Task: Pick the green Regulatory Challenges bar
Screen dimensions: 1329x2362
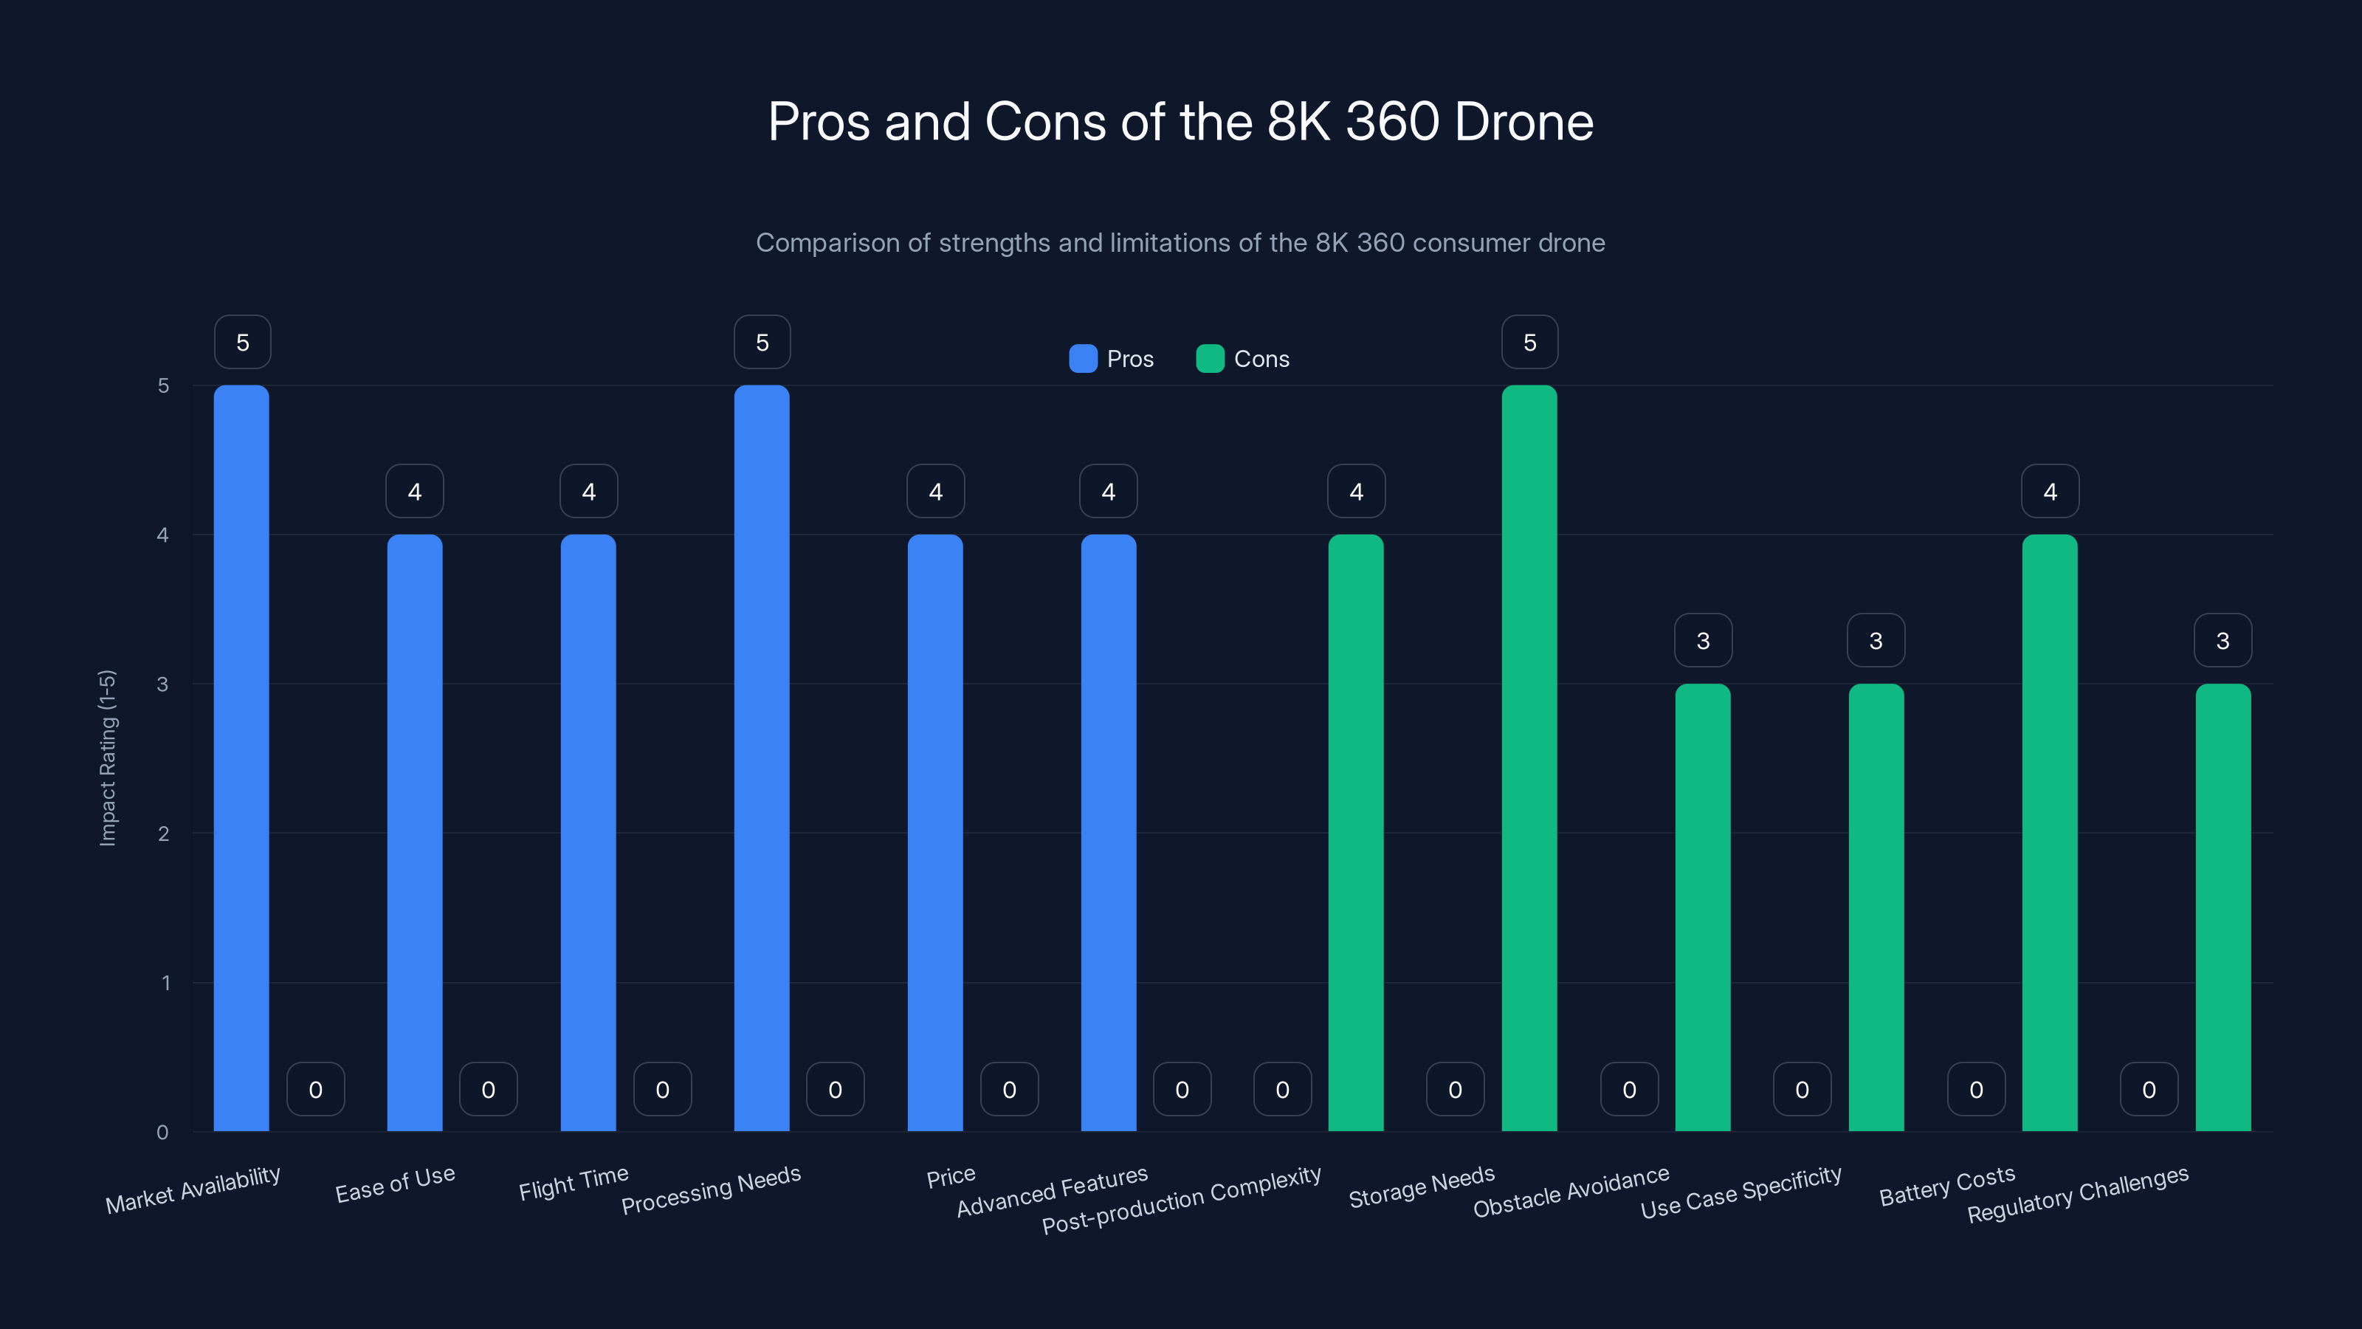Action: point(2222,907)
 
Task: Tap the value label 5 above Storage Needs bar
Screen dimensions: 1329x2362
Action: point(1529,342)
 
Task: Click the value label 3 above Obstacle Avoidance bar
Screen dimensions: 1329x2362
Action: point(1703,640)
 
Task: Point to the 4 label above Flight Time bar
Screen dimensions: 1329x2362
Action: point(589,492)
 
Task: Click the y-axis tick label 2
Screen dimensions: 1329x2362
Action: point(163,834)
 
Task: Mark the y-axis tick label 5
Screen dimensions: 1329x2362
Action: point(163,385)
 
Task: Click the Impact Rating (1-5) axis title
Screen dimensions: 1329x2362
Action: point(107,758)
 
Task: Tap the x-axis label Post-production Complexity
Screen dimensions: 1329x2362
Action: point(1181,1200)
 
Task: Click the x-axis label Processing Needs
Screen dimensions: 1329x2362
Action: point(711,1189)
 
